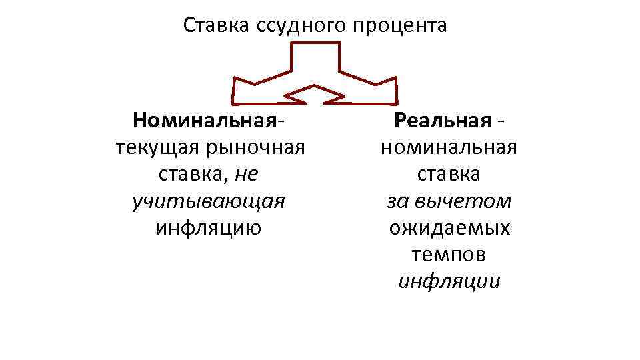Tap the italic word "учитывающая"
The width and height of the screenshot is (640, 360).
coord(209,201)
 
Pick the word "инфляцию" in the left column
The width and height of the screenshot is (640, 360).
coord(209,227)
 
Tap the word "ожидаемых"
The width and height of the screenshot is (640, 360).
coord(449,227)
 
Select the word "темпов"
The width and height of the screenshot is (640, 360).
coord(449,254)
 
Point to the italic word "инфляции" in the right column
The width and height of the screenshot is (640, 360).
coord(449,281)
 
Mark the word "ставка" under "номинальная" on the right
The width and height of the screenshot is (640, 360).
coord(449,174)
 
